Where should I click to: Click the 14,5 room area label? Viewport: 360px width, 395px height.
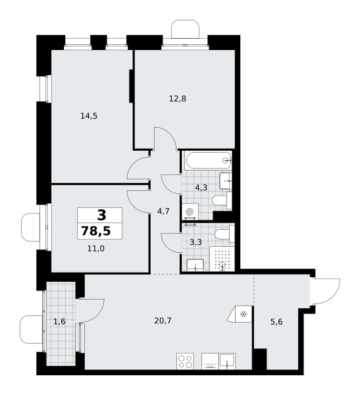(89, 116)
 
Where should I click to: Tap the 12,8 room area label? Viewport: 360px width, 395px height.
(178, 99)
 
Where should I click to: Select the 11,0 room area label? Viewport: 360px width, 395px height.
(96, 249)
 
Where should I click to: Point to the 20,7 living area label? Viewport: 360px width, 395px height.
(163, 321)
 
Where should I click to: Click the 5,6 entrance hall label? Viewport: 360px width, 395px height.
(276, 322)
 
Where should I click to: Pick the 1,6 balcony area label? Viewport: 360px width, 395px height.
(59, 321)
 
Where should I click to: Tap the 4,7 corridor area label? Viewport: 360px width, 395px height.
(163, 211)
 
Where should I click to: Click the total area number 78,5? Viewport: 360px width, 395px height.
(96, 231)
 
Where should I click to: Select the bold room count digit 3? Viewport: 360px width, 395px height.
(101, 215)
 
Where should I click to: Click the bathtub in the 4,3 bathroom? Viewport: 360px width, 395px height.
(208, 161)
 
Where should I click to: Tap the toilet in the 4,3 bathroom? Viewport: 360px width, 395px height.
(222, 201)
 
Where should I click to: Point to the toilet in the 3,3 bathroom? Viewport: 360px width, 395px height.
(224, 234)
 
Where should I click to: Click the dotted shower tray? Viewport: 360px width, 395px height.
(222, 259)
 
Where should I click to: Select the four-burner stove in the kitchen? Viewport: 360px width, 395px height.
(185, 361)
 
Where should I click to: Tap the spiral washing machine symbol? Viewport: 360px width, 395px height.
(189, 212)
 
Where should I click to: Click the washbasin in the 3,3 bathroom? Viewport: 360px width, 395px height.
(195, 265)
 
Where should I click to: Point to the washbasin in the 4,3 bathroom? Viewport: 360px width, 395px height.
(225, 181)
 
